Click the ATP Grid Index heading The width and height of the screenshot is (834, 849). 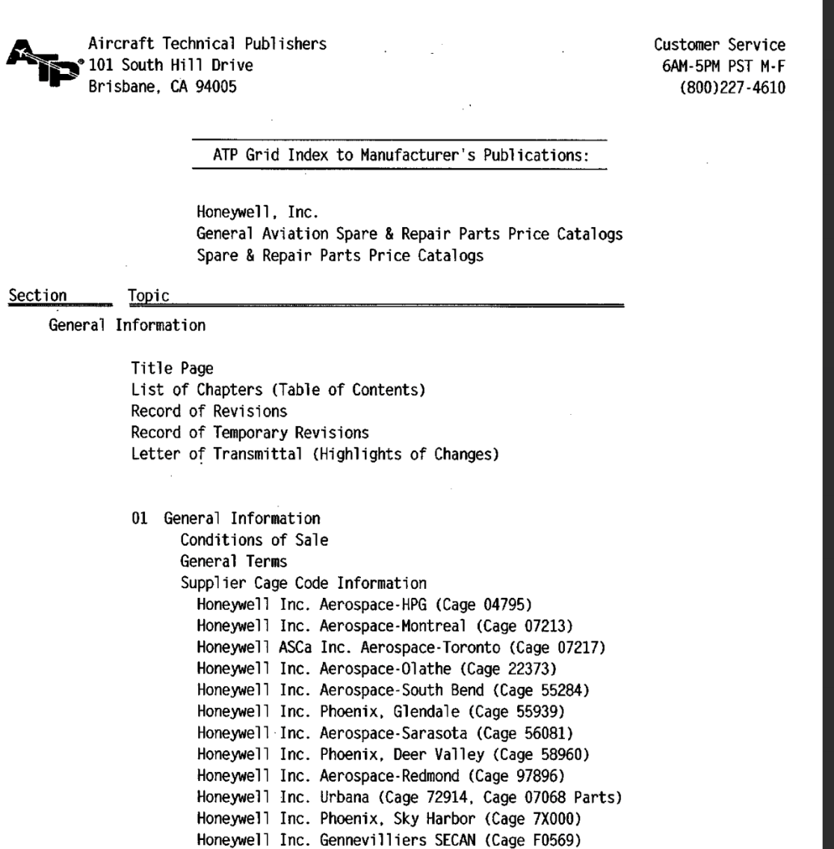[399, 155]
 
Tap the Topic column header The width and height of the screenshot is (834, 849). [149, 297]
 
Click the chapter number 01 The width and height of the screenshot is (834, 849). [139, 517]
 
